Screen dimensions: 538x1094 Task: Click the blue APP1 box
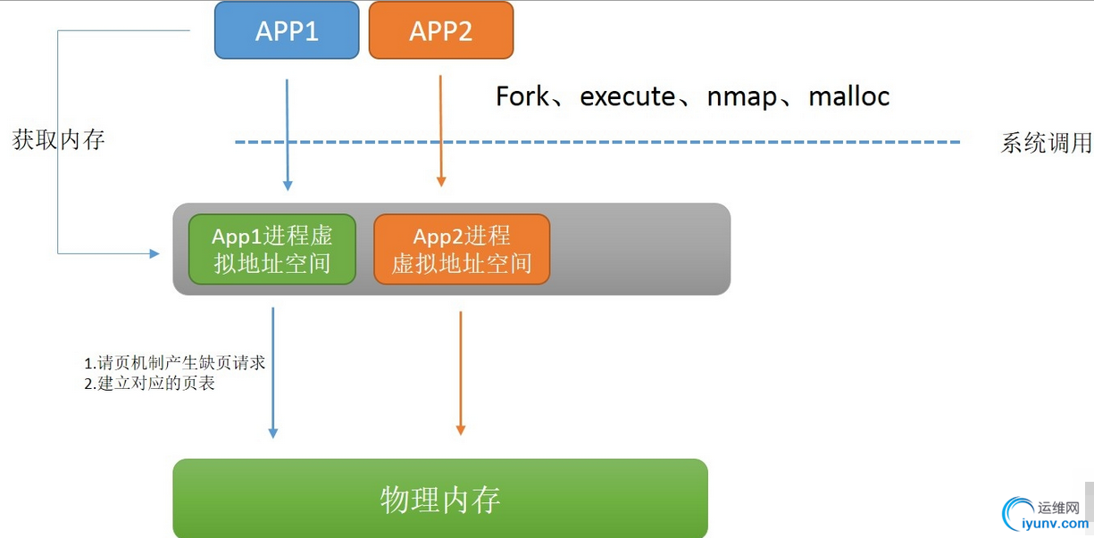[x=287, y=30]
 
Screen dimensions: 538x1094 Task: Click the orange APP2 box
[x=440, y=30]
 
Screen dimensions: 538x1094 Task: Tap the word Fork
[x=522, y=96]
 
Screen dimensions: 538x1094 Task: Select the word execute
[x=627, y=96]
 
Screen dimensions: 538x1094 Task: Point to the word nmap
[x=741, y=96]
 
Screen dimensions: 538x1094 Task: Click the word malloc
[x=848, y=96]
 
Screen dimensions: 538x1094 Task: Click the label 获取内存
[x=59, y=140]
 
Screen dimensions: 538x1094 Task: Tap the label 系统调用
[x=1046, y=143]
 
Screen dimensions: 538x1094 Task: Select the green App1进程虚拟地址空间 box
[x=271, y=249]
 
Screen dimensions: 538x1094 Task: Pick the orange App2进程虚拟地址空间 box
[x=461, y=249]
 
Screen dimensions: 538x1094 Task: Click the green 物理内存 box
[x=439, y=499]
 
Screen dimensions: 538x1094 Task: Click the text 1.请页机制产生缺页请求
[x=175, y=363]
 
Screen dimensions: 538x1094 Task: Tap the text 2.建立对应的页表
[x=150, y=384]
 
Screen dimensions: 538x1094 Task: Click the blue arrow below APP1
[x=287, y=134]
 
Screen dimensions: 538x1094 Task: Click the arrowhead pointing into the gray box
[x=154, y=253]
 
